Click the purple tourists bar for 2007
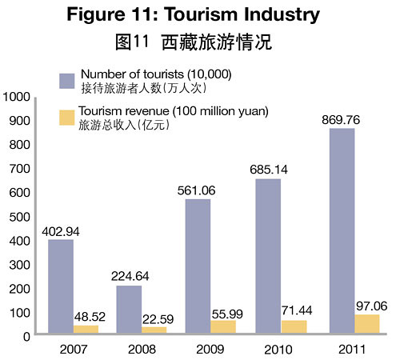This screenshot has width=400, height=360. point(61,286)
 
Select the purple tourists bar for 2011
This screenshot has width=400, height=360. point(342,230)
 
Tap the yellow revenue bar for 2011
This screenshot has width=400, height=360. point(367,324)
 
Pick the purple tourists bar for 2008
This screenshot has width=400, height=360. point(129,310)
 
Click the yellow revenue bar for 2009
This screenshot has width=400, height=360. point(223,326)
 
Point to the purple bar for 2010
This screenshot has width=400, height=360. point(268,256)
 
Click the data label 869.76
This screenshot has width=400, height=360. point(341,120)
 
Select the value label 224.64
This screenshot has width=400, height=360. point(130,276)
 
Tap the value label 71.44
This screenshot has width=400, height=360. point(297,310)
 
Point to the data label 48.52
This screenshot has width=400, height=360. point(90,317)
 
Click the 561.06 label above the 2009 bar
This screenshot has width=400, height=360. point(197,190)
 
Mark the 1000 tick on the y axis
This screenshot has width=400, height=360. point(17,97)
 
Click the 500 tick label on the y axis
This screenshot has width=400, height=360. point(20,217)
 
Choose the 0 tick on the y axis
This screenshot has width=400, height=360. point(26,337)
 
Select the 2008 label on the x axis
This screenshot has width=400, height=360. point(142,350)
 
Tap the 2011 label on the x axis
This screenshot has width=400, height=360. point(352,350)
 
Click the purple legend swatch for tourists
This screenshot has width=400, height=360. point(67,81)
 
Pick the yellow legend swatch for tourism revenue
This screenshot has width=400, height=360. point(67,118)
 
